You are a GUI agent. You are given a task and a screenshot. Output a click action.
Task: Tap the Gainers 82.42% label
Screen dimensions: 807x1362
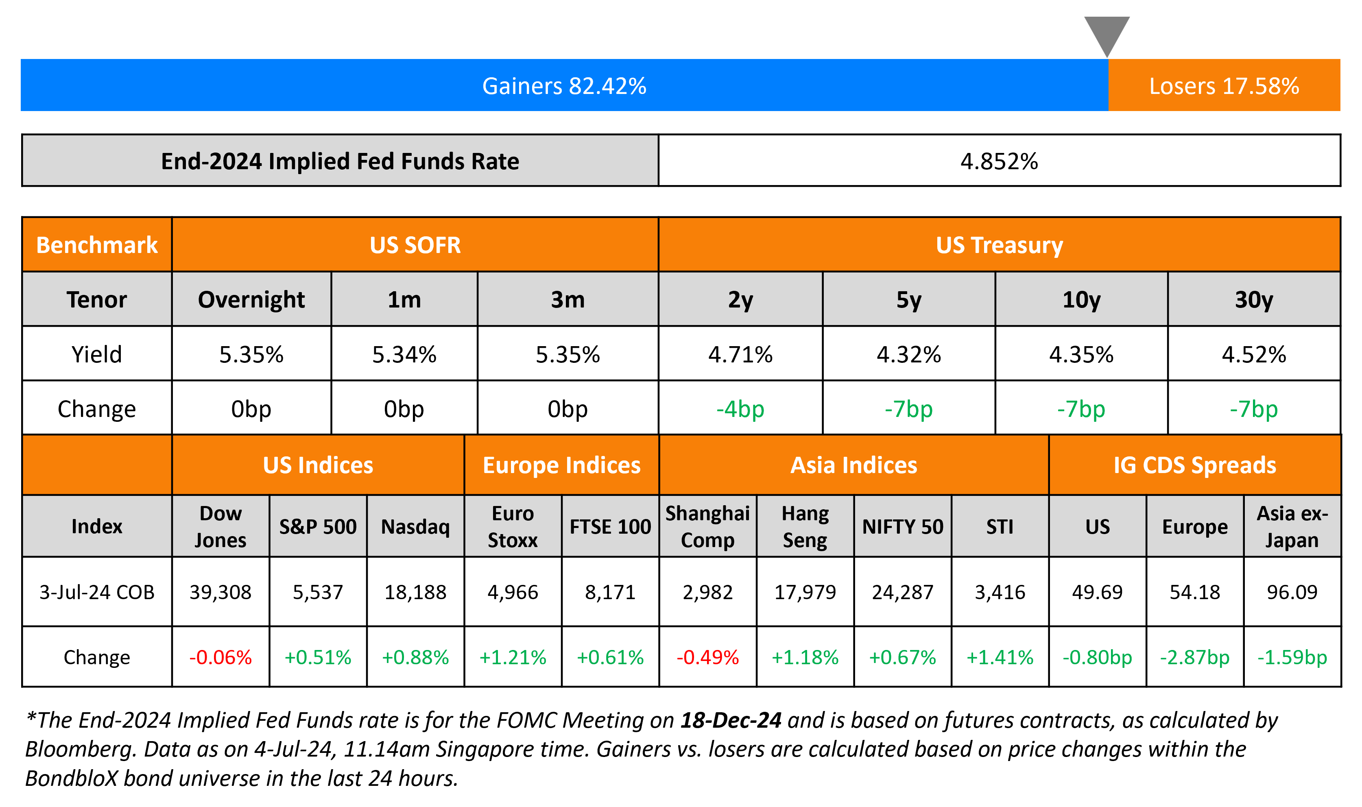tap(564, 86)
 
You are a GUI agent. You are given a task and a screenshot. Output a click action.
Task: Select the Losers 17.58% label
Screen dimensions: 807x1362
tap(1224, 86)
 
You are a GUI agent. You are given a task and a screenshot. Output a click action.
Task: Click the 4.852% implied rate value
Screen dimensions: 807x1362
tap(999, 161)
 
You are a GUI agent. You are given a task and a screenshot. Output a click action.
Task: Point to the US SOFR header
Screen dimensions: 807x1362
tap(415, 245)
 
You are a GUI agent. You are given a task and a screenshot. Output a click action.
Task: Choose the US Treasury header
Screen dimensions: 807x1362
tap(999, 245)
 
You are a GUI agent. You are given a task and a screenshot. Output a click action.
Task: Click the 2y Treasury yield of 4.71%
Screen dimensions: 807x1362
tap(740, 355)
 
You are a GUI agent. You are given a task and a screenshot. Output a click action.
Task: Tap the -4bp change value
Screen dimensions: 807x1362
tap(740, 409)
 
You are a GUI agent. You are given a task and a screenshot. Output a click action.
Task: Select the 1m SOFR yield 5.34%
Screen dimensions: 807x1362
tap(404, 355)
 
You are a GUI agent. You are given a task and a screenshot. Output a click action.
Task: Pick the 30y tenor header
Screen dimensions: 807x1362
tap(1253, 300)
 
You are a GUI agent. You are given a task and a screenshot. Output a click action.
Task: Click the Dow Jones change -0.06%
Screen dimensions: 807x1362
tap(220, 657)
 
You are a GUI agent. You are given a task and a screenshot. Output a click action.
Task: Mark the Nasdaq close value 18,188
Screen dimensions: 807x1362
tap(415, 592)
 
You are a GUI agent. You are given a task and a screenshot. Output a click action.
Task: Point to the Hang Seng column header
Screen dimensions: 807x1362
tap(805, 526)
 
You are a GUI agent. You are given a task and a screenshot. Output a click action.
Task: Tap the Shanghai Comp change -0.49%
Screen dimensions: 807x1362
tap(707, 657)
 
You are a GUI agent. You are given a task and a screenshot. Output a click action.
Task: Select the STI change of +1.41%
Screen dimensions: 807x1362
tap(1000, 657)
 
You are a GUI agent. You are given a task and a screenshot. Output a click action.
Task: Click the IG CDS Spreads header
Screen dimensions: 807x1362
tap(1194, 465)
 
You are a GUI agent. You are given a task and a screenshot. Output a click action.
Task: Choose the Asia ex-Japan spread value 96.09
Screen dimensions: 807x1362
tap(1292, 592)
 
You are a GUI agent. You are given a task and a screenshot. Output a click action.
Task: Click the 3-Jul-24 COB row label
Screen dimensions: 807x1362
tap(97, 592)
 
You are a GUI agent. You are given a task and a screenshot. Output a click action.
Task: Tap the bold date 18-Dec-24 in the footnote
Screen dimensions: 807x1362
tap(731, 720)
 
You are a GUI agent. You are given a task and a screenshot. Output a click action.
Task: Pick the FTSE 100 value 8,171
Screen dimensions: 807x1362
tap(610, 592)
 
